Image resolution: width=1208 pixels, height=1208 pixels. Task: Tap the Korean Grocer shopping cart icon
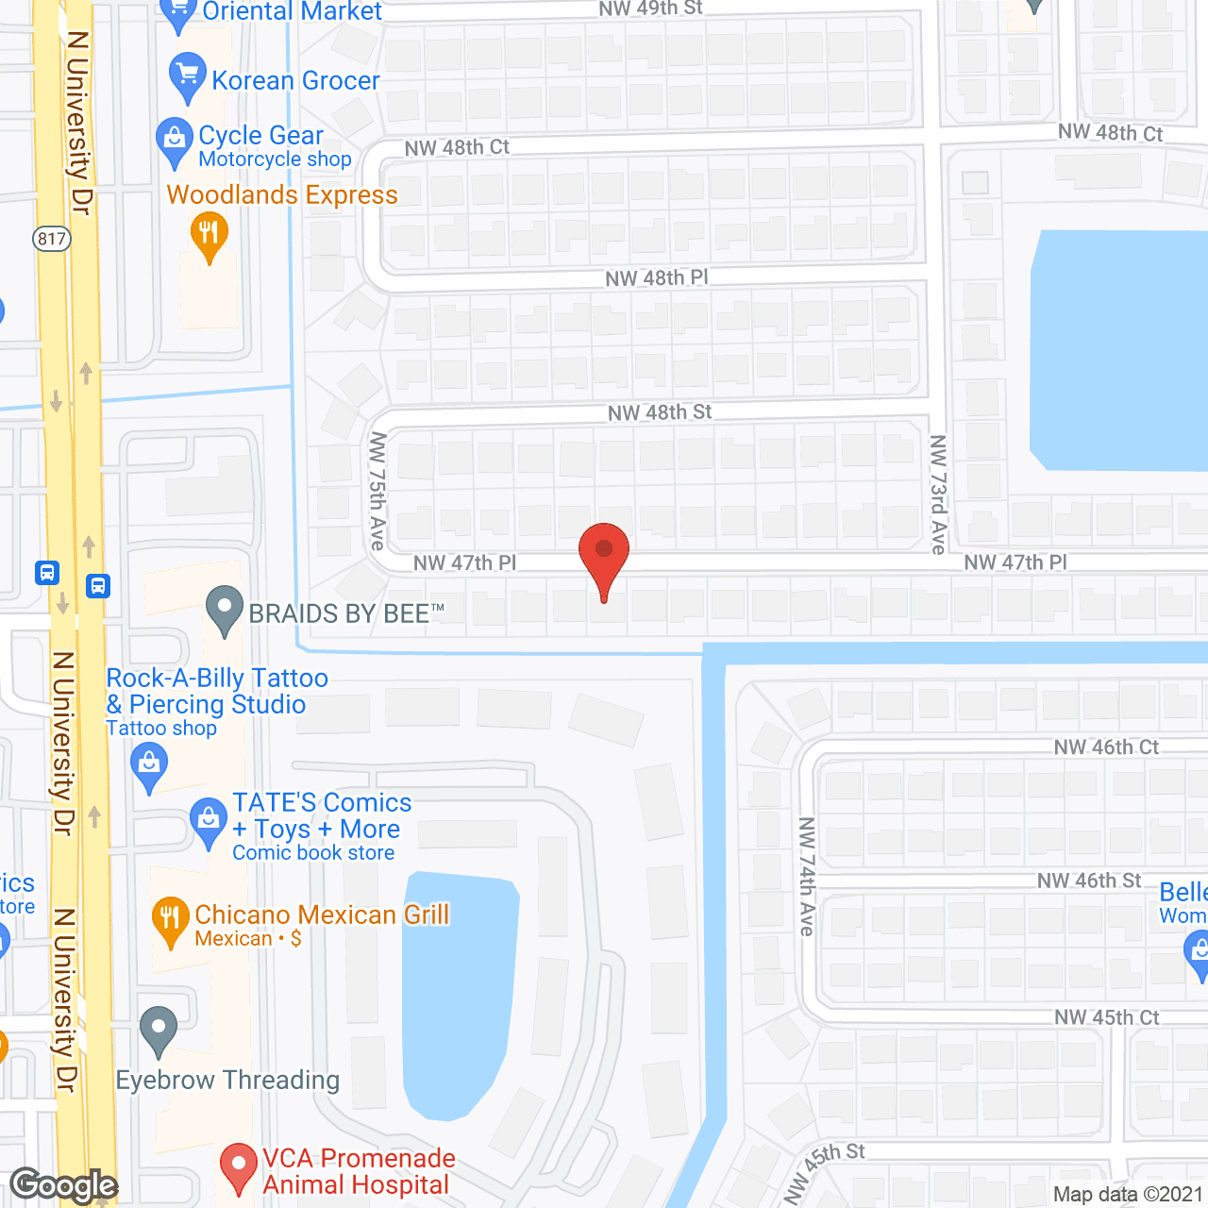click(x=187, y=75)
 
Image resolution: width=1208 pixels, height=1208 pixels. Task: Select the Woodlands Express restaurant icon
click(x=209, y=233)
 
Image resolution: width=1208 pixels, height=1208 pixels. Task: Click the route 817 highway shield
click(x=52, y=238)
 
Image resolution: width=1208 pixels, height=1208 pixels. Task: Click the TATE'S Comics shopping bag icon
click(x=208, y=820)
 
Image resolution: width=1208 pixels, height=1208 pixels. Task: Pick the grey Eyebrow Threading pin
click(x=159, y=1029)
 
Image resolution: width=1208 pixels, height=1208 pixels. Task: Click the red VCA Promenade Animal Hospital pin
click(x=238, y=1166)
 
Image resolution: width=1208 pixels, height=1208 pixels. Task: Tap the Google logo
click(x=63, y=1185)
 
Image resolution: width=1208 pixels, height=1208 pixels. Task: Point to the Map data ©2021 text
click(x=1128, y=1195)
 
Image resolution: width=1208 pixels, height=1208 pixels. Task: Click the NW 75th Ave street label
click(x=377, y=491)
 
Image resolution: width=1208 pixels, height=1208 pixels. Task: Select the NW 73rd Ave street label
click(x=938, y=494)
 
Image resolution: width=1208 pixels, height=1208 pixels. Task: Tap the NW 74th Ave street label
click(x=806, y=877)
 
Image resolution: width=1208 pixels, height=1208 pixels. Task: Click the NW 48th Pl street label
click(x=657, y=278)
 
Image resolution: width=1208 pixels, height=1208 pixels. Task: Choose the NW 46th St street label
click(x=1089, y=881)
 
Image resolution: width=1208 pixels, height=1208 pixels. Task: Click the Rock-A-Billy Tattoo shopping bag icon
click(x=149, y=764)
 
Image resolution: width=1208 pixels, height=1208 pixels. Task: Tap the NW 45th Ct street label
click(x=1106, y=1017)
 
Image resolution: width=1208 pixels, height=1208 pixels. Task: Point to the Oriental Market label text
click(x=293, y=12)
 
